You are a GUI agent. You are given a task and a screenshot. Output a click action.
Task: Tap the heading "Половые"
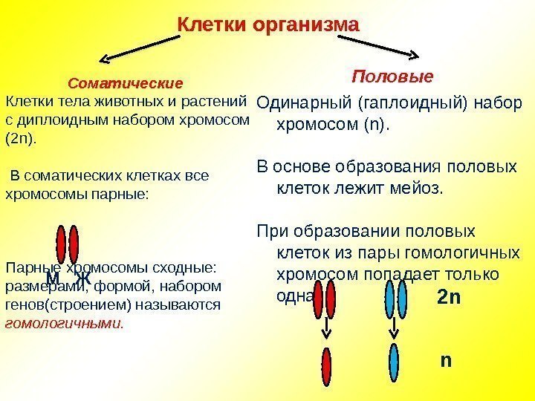click(x=392, y=76)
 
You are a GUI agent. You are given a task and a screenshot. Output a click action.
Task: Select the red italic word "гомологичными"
click(x=64, y=324)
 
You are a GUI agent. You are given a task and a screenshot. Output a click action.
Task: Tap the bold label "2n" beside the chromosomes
click(x=450, y=299)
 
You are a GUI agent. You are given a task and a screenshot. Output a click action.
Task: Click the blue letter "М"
click(x=53, y=279)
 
